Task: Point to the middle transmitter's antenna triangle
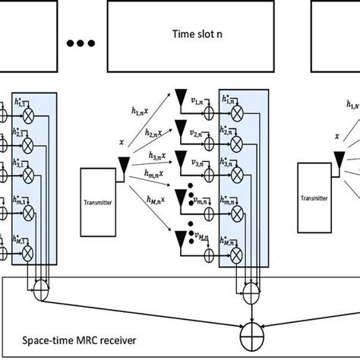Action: [x=121, y=163]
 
